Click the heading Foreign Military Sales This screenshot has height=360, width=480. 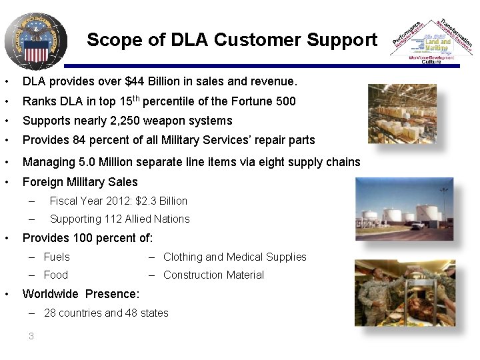(x=80, y=182)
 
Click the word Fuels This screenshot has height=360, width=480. (x=57, y=257)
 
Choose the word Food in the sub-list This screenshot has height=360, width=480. (x=56, y=275)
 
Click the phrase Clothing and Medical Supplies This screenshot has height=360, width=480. (x=235, y=257)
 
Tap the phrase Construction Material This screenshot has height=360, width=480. (x=213, y=275)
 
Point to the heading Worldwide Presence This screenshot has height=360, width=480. (x=81, y=294)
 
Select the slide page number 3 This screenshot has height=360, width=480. (x=31, y=336)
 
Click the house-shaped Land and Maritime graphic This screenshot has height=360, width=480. (x=431, y=42)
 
